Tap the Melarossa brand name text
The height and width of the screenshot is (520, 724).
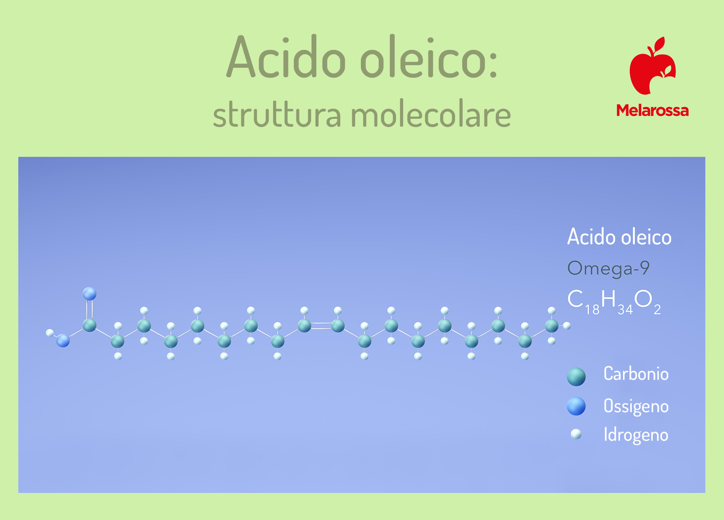[x=652, y=110]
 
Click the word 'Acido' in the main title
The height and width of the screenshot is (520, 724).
[x=286, y=57]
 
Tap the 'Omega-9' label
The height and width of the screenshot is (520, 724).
[x=609, y=268]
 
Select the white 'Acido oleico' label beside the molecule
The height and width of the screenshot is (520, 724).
[x=620, y=237]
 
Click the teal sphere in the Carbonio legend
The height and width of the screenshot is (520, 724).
[x=576, y=377]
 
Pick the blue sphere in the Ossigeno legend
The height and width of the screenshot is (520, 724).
[x=576, y=406]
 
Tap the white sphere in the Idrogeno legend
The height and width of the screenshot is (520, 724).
[x=576, y=434]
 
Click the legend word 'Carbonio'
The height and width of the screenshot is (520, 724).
[x=636, y=374]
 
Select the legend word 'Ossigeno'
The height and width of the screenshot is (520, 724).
[x=636, y=407]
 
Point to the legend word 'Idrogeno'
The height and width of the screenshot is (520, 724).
[x=636, y=435]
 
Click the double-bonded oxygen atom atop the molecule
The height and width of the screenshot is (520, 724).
[x=90, y=294]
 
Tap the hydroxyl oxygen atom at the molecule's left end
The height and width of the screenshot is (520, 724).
[x=63, y=341]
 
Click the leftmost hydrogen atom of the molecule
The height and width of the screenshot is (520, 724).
[x=50, y=333]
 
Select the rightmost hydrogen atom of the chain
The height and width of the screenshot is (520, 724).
[x=567, y=326]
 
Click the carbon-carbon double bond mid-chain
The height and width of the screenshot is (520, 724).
[x=321, y=326]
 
